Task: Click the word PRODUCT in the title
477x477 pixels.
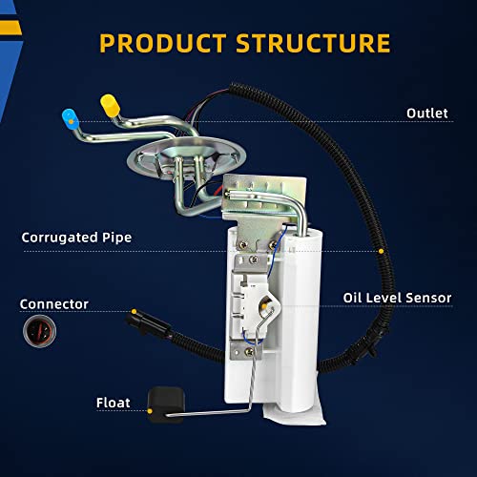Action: coord(163,43)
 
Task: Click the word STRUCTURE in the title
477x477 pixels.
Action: coord(313,43)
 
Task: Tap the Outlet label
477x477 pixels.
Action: coord(427,114)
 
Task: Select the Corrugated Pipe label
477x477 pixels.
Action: coord(76,238)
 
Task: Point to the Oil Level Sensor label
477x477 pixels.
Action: coord(397,298)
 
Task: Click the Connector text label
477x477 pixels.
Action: coord(54,304)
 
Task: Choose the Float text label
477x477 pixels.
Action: coord(114,403)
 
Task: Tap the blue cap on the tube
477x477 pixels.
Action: coord(70,118)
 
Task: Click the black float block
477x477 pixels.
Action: coord(166,404)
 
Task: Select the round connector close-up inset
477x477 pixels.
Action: coord(39,331)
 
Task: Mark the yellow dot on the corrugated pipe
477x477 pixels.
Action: coord(381,251)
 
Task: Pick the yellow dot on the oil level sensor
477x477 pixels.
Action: coord(264,306)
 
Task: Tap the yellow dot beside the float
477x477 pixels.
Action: coord(150,411)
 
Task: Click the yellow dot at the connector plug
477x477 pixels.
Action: coord(134,311)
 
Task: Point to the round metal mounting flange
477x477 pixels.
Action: coord(186,158)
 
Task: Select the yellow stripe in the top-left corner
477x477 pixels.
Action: coord(10,28)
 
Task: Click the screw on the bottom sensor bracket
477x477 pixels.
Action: coord(250,352)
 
